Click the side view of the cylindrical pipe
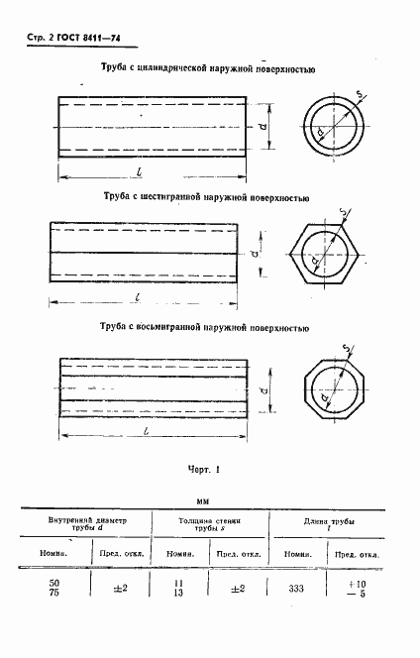click(x=153, y=126)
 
